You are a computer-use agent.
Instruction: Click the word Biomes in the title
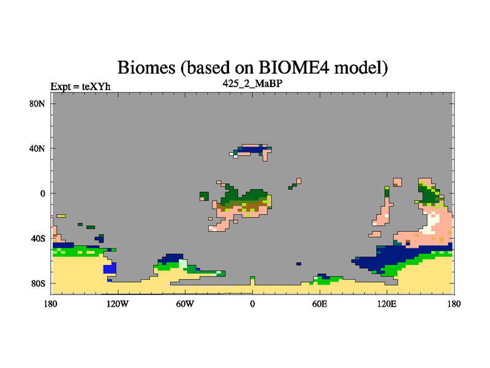pos(146,67)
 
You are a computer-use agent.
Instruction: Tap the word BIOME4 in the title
pos(293,67)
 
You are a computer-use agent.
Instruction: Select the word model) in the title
pos(361,67)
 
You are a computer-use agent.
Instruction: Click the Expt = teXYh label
pos(80,86)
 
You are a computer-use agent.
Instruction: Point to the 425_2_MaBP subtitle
pos(252,83)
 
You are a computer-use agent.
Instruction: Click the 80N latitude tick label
pos(37,104)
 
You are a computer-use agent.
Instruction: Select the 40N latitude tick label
pos(37,148)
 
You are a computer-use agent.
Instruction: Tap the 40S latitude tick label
pos(38,239)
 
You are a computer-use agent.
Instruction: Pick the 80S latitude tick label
pos(38,283)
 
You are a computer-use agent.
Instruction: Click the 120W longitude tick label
pos(118,304)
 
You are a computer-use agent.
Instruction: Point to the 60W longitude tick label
pos(185,304)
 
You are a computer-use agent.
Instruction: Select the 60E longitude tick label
pos(320,304)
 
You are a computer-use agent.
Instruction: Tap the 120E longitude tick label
pos(387,304)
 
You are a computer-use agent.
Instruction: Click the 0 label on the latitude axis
pos(42,194)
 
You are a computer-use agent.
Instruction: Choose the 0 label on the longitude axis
pos(252,304)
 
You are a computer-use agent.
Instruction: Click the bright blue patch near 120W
pos(110,269)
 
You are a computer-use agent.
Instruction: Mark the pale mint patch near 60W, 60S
pos(183,264)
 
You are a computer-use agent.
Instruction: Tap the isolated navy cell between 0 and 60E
pos(299,264)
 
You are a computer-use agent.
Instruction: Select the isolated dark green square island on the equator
pos(204,196)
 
